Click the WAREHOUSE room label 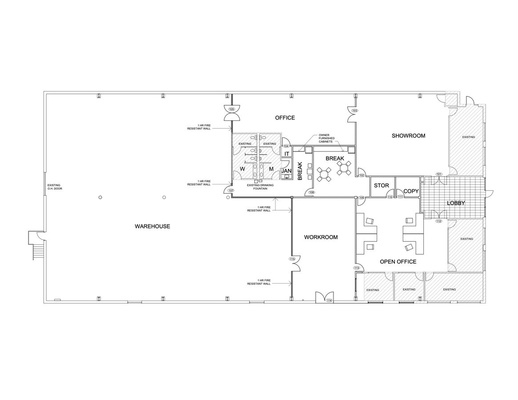click(152, 226)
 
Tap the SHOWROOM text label click(408, 136)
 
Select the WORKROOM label click(321, 237)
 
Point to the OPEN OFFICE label click(398, 261)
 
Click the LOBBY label click(456, 203)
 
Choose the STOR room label click(381, 185)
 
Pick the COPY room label click(411, 191)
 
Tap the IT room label click(287, 154)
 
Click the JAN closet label click(286, 171)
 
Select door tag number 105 click(231, 109)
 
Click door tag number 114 click(329, 301)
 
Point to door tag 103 click(354, 110)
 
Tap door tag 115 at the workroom click(292, 259)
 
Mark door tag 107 click(230, 190)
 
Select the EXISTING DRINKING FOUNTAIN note click(257, 187)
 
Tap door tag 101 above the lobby click(439, 174)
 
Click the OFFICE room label click(285, 118)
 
